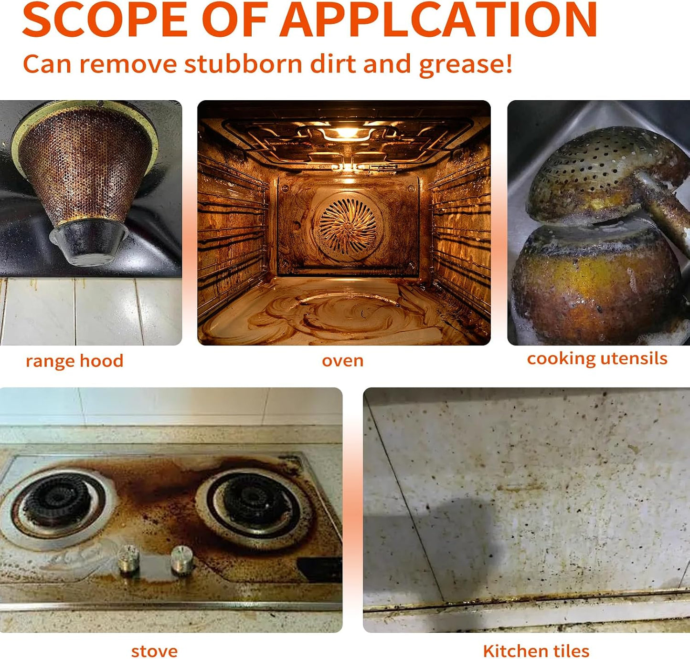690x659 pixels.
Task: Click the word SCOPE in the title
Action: pos(105,19)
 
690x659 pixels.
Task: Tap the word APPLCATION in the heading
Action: pos(438,19)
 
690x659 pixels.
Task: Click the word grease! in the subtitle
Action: pos(466,64)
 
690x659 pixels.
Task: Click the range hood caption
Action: pos(75,362)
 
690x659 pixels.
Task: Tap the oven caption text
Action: pos(343,361)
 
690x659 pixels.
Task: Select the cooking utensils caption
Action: pos(597,358)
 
